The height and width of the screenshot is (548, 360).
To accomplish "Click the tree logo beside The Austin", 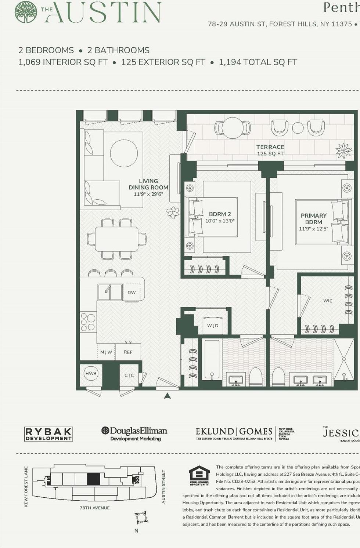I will pos(26,12).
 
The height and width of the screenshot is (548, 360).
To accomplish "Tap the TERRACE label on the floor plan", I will pos(270,147).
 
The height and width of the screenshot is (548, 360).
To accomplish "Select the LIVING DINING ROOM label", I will pos(148,184).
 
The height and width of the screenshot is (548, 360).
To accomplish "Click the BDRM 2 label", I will pos(220,214).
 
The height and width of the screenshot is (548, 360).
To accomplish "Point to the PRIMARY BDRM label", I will pos(313,219).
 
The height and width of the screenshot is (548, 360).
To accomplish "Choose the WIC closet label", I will pos(328,301).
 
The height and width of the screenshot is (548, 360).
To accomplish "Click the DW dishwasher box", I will pos(132,293).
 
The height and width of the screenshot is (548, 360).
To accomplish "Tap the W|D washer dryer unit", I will pos(213,325).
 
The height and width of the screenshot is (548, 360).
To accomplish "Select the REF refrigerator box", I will pos(128,352).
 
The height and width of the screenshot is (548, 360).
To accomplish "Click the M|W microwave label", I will pos(106,352).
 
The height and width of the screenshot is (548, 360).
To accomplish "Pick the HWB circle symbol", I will pos(91,374).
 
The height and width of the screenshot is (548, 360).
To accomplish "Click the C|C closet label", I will pos(129,375).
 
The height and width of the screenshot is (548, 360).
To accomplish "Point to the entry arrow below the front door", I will pos(167,396).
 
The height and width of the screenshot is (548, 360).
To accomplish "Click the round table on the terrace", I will pos(233,127).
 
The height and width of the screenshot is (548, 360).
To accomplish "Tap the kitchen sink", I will pos(110,292).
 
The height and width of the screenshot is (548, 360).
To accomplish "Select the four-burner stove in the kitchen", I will pos(89,322).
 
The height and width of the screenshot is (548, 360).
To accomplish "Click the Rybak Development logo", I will pos(48,434).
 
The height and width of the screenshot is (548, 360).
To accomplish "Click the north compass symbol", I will pos(141,518).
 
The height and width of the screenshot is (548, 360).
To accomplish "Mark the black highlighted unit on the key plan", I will pos(93,479).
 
